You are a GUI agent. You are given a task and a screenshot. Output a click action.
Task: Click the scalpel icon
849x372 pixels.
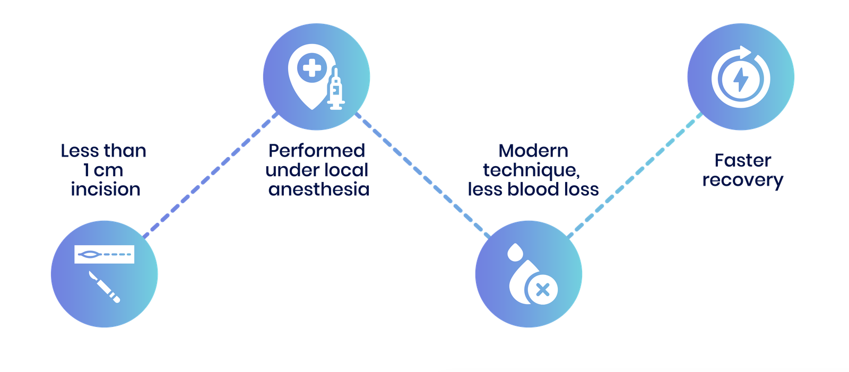(104, 287)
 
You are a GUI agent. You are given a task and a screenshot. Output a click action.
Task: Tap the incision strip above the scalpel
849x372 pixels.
(104, 254)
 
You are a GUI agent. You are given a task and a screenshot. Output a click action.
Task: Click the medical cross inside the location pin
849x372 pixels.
(312, 68)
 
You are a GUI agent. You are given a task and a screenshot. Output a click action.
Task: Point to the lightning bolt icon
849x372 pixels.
(741, 79)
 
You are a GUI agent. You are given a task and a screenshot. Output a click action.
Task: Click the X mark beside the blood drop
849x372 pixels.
(543, 290)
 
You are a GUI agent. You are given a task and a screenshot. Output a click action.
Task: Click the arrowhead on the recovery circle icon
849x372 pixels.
(745, 53)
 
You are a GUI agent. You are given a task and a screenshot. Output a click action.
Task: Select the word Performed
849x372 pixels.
(316, 151)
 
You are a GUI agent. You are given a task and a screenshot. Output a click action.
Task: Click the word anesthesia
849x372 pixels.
(319, 189)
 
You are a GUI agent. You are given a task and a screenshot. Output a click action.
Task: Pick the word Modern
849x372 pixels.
(533, 151)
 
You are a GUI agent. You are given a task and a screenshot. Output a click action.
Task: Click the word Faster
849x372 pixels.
(742, 160)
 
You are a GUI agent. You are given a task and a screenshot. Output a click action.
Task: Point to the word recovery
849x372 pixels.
(742, 180)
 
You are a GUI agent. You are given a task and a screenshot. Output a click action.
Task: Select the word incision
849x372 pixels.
(106, 189)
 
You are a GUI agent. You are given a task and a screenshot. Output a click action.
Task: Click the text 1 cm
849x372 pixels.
(103, 170)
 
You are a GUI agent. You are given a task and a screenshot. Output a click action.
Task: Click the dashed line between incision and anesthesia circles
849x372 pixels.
(210, 175)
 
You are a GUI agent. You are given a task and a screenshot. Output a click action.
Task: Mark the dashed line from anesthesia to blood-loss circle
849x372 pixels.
(422, 175)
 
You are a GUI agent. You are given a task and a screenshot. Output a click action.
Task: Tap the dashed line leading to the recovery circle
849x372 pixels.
(635, 175)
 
